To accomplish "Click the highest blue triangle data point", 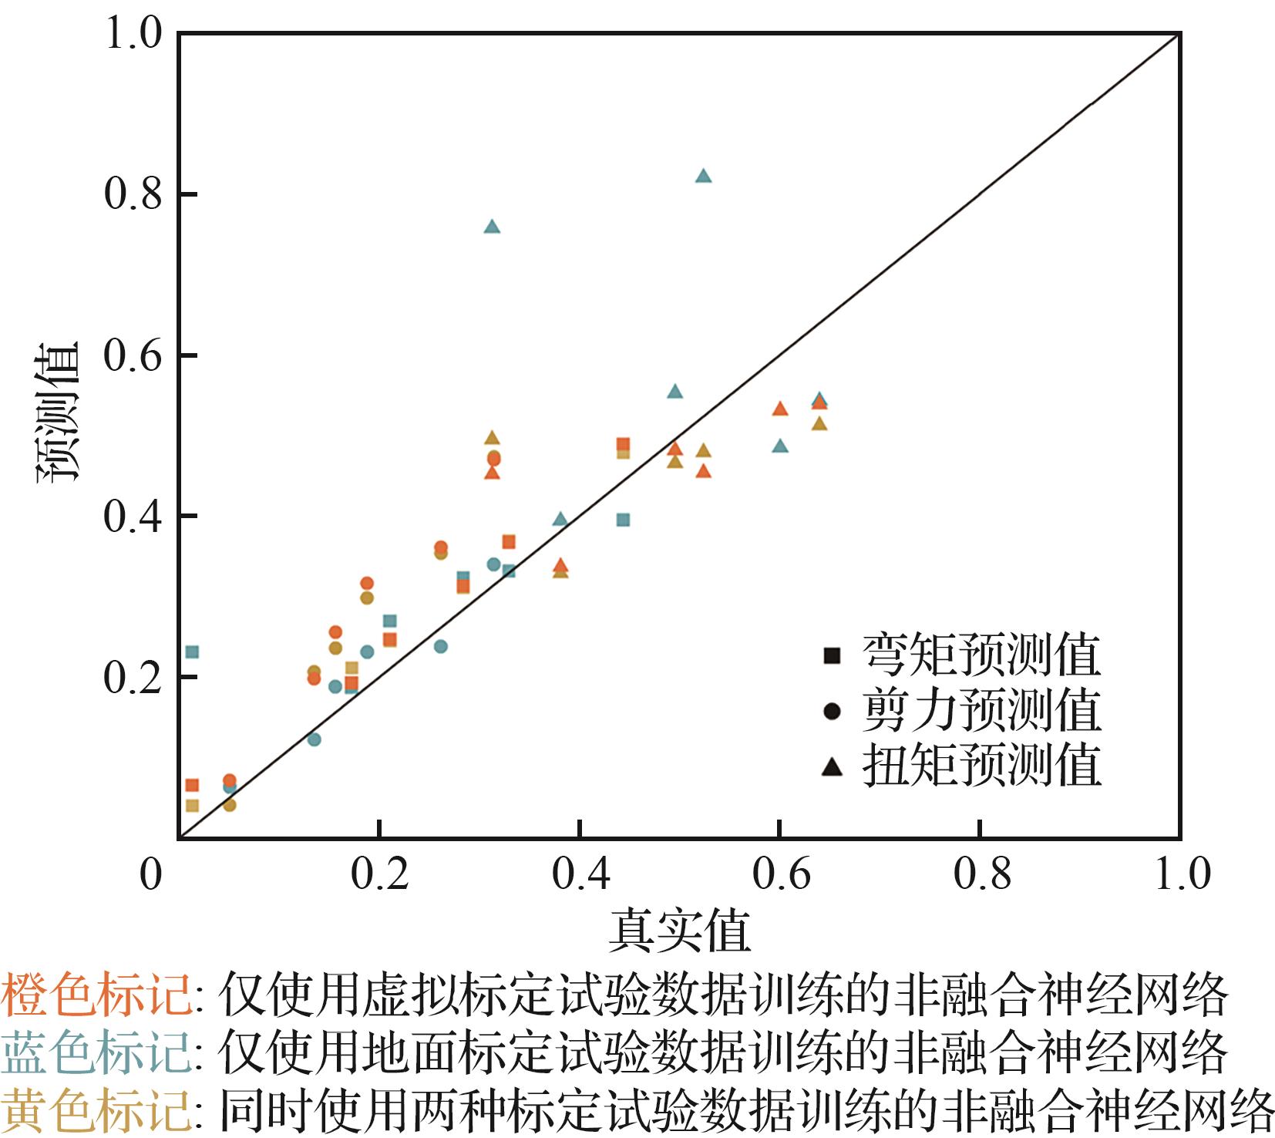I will (703, 176).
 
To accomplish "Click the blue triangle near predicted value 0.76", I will (493, 227).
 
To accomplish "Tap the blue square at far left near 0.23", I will (192, 652).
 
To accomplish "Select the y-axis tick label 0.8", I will (133, 194).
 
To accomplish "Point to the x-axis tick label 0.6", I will (781, 874).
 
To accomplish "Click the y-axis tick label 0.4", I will (133, 517).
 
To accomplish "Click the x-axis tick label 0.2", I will (378, 874).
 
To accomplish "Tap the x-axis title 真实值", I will (679, 931).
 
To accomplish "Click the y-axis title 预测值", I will (59, 412).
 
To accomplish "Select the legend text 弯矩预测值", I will (981, 655).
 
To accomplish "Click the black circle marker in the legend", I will (832, 711).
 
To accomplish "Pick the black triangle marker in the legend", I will (832, 766).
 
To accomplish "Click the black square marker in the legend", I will (832, 655).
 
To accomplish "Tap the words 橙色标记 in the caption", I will (96, 995).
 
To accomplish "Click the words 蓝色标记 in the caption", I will (96, 1052).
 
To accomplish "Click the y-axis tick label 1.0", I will (133, 34).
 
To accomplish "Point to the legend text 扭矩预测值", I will (981, 766).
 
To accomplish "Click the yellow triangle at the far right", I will (819, 423).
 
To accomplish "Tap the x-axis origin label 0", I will (151, 874).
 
